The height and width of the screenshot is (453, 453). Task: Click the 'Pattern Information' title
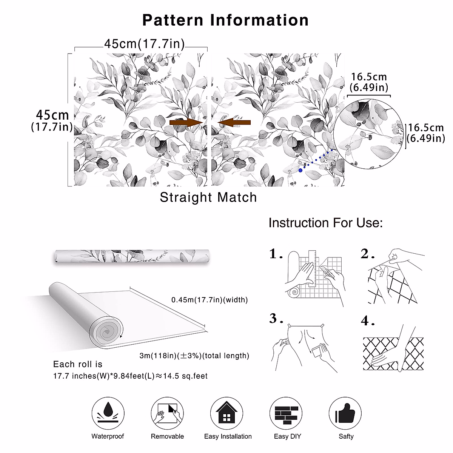tap(225, 20)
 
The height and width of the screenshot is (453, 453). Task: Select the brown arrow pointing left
tap(234, 122)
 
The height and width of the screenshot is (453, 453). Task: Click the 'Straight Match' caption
tap(208, 197)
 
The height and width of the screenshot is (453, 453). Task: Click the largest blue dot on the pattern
tap(300, 170)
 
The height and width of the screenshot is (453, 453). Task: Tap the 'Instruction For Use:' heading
tap(325, 223)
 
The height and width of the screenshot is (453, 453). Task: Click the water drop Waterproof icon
tap(108, 413)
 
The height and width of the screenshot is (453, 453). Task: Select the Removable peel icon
tap(167, 413)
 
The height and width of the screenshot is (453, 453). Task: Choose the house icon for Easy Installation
tap(226, 413)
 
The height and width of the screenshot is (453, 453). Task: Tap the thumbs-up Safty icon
tap(345, 413)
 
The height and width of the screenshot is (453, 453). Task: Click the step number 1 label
tap(276, 254)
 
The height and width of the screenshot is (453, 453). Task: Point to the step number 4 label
tap(367, 321)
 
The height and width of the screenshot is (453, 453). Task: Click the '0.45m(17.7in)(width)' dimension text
tap(210, 300)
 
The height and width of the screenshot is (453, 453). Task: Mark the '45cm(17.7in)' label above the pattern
tap(144, 44)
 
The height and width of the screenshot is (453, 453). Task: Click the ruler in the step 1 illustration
tap(312, 268)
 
